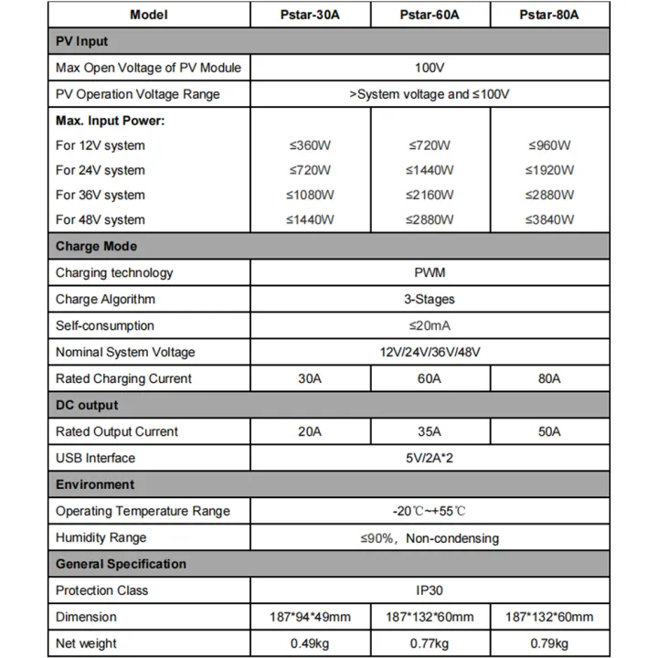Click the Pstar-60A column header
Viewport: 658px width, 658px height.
click(429, 15)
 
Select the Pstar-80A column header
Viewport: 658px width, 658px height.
click(548, 15)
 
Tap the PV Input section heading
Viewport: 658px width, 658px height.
click(81, 41)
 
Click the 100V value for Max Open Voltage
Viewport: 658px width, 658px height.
click(429, 68)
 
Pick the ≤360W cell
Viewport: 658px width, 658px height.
click(312, 145)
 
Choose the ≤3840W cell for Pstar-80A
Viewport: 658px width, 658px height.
click(549, 219)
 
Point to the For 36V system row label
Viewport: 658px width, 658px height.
click(100, 195)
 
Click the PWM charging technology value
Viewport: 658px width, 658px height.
click(429, 272)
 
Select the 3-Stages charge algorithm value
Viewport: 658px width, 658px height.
click(429, 299)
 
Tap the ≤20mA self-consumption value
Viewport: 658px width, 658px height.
click(429, 325)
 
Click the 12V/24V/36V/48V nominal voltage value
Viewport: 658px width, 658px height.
click(429, 352)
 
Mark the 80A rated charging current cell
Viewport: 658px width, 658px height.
click(549, 378)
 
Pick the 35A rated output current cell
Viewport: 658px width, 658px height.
click(430, 431)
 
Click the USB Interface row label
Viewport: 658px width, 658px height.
click(95, 458)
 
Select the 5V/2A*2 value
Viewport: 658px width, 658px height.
click(429, 458)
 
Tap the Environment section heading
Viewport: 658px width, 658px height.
click(95, 484)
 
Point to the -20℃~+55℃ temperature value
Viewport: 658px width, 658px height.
click(429, 511)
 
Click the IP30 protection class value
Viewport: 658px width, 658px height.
click(429, 590)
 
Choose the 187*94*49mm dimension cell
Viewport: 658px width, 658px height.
click(312, 617)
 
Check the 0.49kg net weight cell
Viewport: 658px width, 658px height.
click(312, 643)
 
